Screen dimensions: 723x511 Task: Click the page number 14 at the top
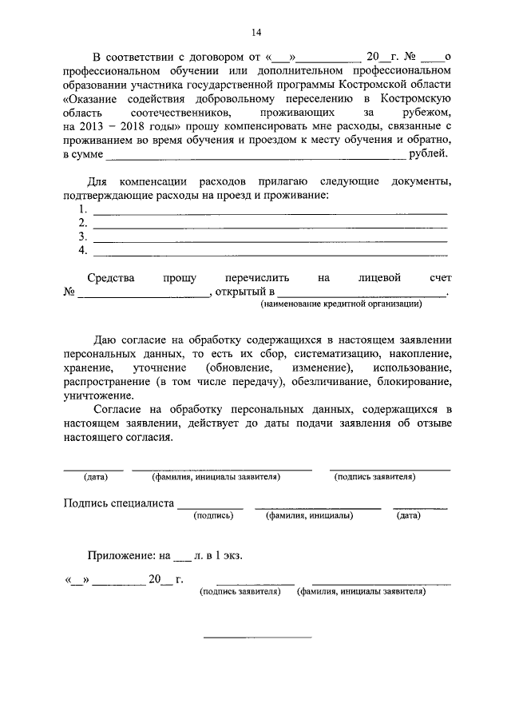pos(256,33)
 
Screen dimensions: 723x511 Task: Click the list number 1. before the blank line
pos(83,209)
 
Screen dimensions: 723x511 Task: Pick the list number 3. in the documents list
pos(83,237)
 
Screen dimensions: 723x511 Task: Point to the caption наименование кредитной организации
pos(342,304)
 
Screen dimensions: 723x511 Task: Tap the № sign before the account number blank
pos(69,292)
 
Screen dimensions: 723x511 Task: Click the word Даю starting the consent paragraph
pos(106,340)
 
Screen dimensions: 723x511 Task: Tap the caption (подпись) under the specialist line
pos(213,516)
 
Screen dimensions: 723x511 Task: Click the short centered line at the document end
pos(257,637)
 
